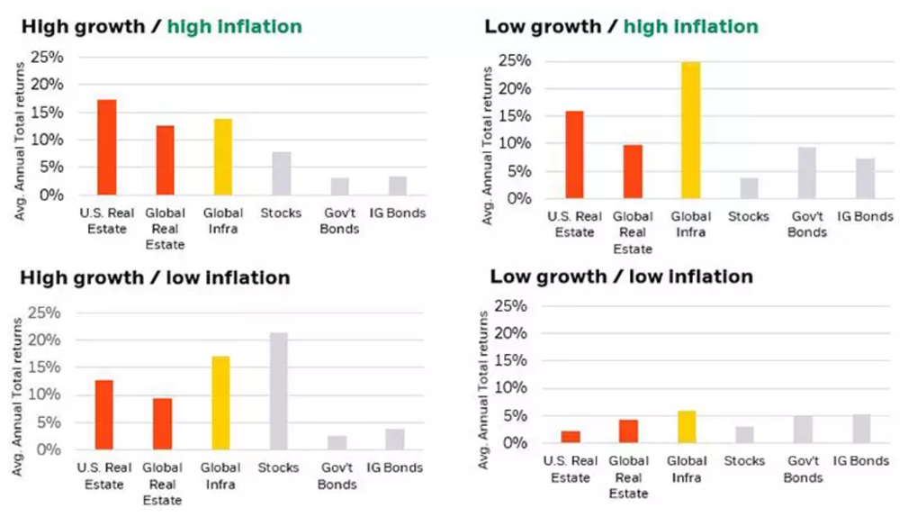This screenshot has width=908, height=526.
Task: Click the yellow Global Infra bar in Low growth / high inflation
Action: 690,131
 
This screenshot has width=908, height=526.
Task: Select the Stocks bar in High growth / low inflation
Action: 279,391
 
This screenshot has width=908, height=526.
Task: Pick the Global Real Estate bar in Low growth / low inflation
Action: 628,431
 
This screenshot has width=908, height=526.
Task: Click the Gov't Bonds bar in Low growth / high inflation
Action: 807,173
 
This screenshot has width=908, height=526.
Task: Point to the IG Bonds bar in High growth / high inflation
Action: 398,186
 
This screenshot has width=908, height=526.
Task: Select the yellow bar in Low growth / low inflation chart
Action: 686,427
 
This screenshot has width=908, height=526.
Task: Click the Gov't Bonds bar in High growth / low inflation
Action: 337,442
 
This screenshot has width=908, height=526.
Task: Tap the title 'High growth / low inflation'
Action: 155,277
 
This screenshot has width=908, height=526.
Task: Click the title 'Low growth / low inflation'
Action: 621,277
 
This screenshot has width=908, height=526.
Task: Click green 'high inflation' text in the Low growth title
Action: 690,26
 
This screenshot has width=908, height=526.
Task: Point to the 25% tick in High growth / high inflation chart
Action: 48,58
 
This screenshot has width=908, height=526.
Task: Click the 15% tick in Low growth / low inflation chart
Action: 508,360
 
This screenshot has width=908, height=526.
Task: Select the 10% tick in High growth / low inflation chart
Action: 48,395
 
